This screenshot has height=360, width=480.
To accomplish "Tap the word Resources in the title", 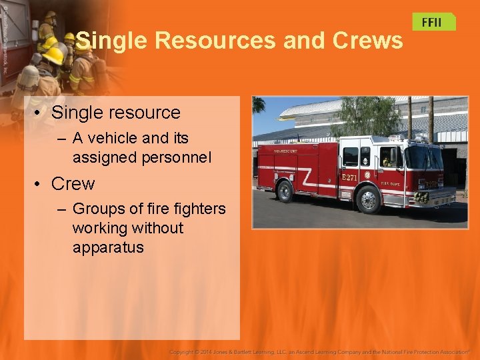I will (215, 41).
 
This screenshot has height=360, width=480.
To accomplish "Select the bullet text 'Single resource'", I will (115, 113).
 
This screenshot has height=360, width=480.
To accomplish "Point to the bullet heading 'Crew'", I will (73, 184).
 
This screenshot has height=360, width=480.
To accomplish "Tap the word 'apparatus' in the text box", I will (108, 247).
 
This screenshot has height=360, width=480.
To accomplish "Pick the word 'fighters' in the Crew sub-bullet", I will (197, 209).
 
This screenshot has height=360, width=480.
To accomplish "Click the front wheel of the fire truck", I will (368, 199).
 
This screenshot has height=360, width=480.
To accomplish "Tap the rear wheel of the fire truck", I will (285, 192).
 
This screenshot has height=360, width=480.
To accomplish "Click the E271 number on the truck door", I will (350, 178).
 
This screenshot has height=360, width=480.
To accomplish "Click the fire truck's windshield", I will (425, 158).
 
